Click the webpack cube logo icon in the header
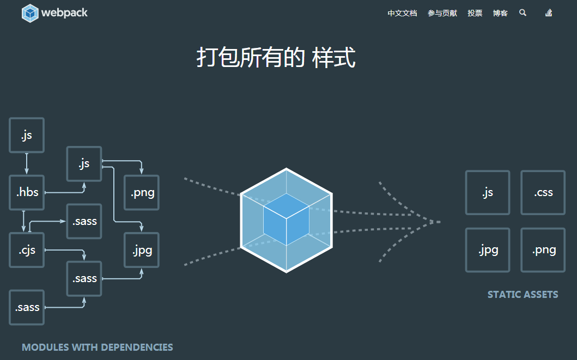pyautogui.click(x=30, y=13)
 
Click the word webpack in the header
pyautogui.click(x=64, y=13)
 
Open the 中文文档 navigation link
pyautogui.click(x=402, y=13)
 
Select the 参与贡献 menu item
pyautogui.click(x=442, y=13)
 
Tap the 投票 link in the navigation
pyautogui.click(x=475, y=13)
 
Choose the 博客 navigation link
pyautogui.click(x=500, y=13)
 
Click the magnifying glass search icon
pyautogui.click(x=523, y=13)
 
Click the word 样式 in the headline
pyautogui.click(x=334, y=57)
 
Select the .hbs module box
pyautogui.click(x=27, y=192)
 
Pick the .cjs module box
pyautogui.click(x=27, y=250)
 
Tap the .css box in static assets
pyautogui.click(x=543, y=192)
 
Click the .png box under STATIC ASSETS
pyautogui.click(x=543, y=250)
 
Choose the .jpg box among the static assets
pyautogui.click(x=488, y=250)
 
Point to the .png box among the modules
pyautogui.click(x=142, y=192)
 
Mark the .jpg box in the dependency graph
pyautogui.click(x=142, y=250)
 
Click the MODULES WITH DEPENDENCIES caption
pyautogui.click(x=98, y=347)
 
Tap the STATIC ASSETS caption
pyautogui.click(x=523, y=295)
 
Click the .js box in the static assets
pyautogui.click(x=488, y=192)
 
